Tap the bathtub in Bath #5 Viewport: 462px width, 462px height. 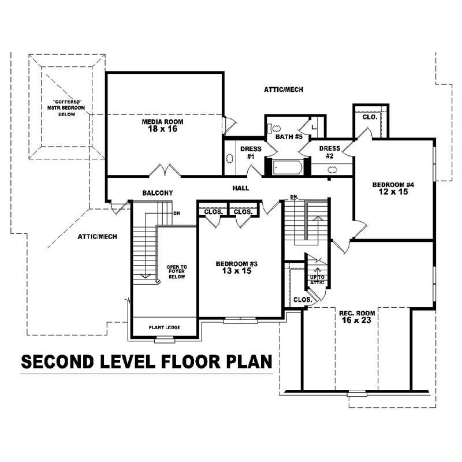pos(286,167)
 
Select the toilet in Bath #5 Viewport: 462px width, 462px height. pos(275,129)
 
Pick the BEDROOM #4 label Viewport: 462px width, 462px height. pos(394,185)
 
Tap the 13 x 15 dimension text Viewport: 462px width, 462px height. pos(236,271)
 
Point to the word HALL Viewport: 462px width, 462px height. pos(241,188)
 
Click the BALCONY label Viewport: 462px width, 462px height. pos(157,192)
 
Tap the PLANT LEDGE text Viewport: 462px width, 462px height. pos(165,327)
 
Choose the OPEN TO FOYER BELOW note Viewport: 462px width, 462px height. pos(177,271)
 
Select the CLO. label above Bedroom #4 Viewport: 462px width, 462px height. pos(370,117)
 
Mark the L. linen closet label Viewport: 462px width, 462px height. pos(314,126)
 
